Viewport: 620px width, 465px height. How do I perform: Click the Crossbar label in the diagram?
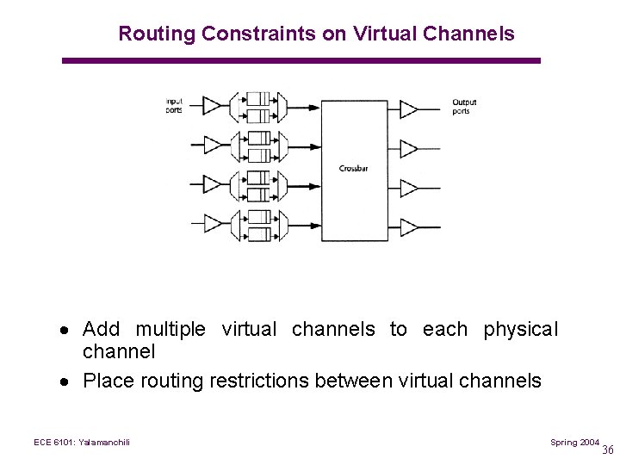click(x=353, y=169)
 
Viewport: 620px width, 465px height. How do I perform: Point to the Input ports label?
click(x=175, y=106)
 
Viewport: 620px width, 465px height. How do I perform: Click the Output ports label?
click(x=464, y=107)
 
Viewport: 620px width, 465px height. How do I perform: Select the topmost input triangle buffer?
click(x=211, y=106)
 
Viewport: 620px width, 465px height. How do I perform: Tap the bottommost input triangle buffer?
click(x=211, y=225)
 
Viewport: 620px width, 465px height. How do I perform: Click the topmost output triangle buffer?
click(x=409, y=108)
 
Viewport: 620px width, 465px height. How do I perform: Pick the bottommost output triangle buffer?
click(x=409, y=227)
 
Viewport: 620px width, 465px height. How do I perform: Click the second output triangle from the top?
click(x=409, y=148)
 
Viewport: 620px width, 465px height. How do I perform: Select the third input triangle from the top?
click(x=211, y=185)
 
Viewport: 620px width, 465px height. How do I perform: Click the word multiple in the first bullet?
click(x=170, y=330)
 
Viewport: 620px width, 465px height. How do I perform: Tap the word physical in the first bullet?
click(x=520, y=330)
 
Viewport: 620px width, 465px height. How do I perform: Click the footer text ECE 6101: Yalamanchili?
click(x=82, y=443)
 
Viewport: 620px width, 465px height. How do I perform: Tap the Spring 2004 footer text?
click(x=574, y=442)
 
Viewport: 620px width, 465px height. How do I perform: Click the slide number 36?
click(x=608, y=449)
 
